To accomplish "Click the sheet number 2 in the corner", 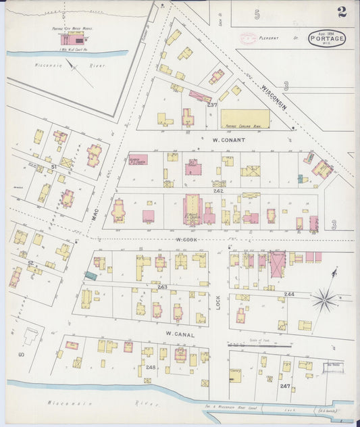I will coord(343,11).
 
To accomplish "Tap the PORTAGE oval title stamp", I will coord(327,39).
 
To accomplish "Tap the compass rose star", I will coord(325,298).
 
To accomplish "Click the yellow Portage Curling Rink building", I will coord(245,119).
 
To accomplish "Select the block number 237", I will coord(211,105).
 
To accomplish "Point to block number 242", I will coord(218,191).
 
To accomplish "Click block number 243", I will coord(162,286).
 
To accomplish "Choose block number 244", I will coord(289,294).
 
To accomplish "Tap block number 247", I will coord(285,385).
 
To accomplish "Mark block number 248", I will coord(150,368).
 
